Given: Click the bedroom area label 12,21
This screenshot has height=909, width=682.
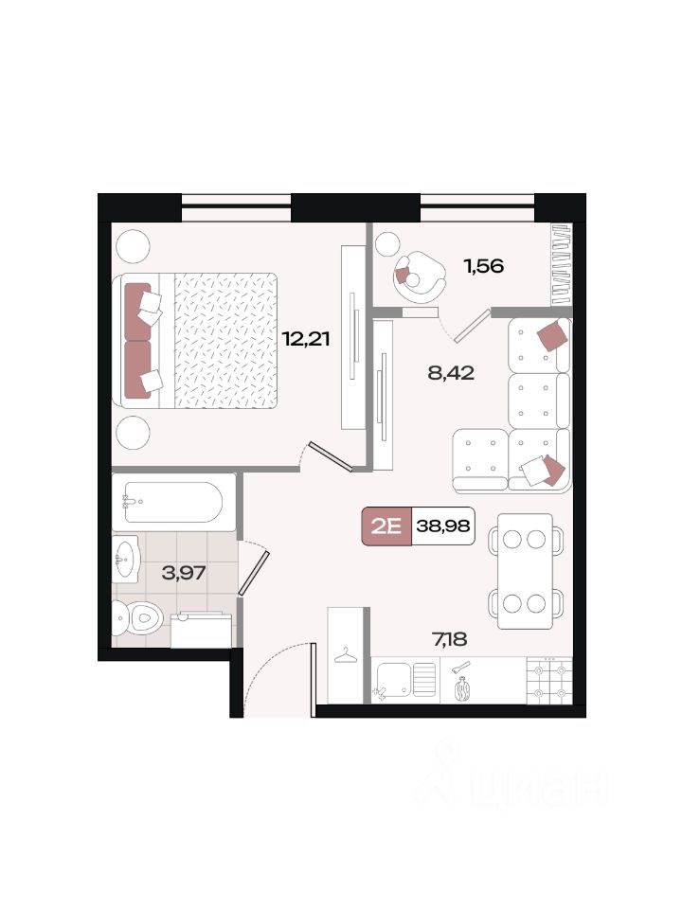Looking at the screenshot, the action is (306, 338).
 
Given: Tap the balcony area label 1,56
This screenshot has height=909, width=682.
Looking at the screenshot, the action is (483, 266).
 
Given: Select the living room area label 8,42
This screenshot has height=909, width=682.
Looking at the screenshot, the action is (451, 372).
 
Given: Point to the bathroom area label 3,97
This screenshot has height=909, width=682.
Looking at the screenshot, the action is (184, 573).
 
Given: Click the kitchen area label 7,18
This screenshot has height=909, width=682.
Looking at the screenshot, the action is (449, 639).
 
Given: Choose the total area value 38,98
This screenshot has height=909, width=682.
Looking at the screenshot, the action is (443, 526).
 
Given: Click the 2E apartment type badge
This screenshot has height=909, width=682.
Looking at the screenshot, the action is (386, 526).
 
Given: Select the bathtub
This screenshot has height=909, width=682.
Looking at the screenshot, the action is (173, 502).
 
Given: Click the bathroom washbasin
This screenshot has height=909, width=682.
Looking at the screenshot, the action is (125, 560).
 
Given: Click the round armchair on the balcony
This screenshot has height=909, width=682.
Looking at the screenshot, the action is (420, 276).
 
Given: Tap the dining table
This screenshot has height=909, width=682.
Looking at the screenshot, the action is (526, 571).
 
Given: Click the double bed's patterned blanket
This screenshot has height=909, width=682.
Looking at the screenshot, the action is (225, 340).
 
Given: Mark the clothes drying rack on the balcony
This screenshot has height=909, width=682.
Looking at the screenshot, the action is (562, 265).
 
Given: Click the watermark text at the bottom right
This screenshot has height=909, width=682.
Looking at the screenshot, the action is (511, 778).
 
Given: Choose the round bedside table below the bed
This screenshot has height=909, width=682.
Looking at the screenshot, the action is (134, 433).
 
